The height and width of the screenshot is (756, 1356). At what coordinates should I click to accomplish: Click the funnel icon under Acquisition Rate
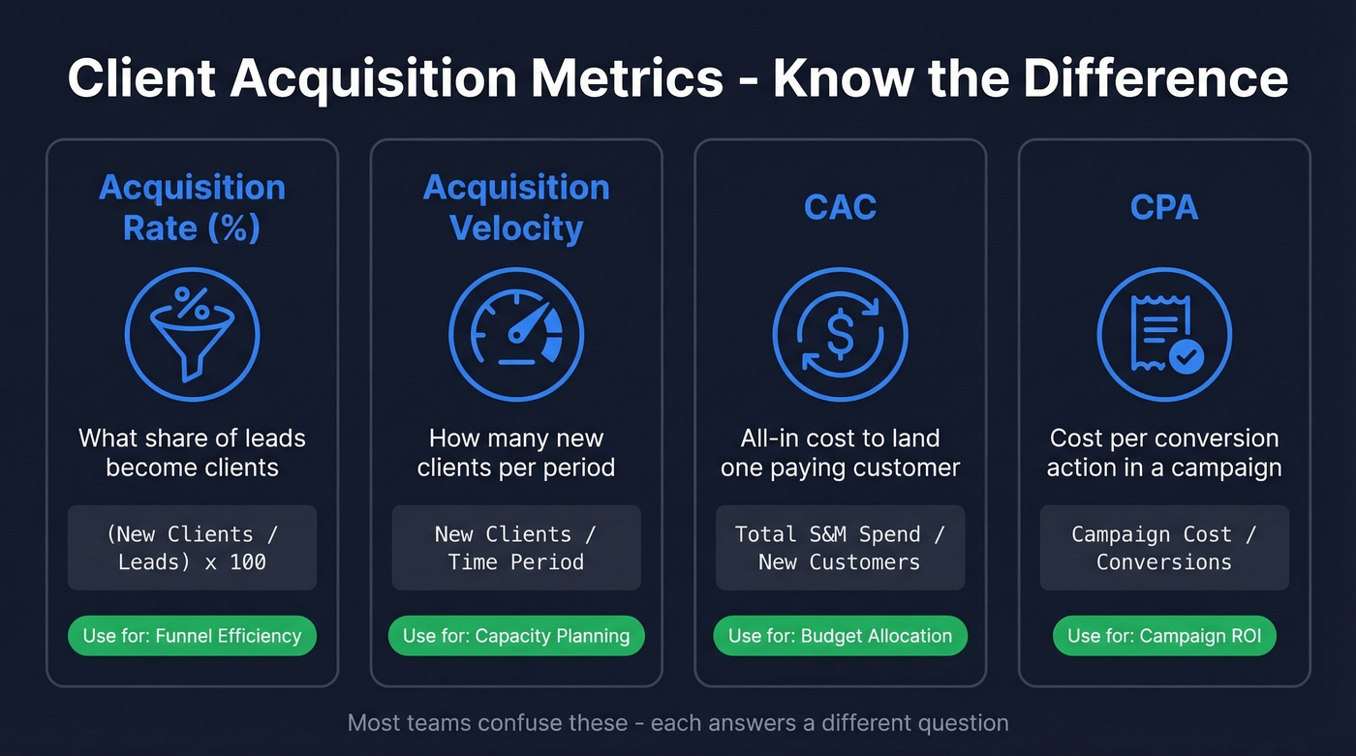click(192, 334)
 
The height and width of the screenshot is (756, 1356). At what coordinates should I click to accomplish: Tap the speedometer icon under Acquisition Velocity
click(516, 334)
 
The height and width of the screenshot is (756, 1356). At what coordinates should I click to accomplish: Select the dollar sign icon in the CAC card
click(840, 334)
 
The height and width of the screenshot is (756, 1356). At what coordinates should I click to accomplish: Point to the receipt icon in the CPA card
click(1164, 334)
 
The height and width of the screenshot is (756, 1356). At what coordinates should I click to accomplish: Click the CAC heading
click(840, 207)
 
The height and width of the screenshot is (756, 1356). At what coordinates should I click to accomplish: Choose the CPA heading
click(1164, 207)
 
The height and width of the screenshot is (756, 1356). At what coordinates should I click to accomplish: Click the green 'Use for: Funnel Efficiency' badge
click(192, 636)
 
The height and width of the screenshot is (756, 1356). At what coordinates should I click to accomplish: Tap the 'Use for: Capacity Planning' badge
click(516, 636)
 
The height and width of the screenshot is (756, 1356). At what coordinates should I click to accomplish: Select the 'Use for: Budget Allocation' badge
click(840, 636)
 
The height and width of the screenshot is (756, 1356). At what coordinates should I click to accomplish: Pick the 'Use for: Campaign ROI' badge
click(1164, 636)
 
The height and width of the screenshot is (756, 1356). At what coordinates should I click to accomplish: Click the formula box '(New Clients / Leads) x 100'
click(192, 548)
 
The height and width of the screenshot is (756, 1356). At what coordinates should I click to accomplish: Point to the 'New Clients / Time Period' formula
click(516, 548)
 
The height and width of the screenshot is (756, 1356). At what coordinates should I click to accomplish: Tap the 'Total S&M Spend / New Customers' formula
click(840, 548)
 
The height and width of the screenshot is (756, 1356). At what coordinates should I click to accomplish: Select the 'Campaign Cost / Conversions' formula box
click(1164, 548)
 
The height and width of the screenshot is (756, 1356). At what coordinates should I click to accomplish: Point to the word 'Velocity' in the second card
click(516, 228)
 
